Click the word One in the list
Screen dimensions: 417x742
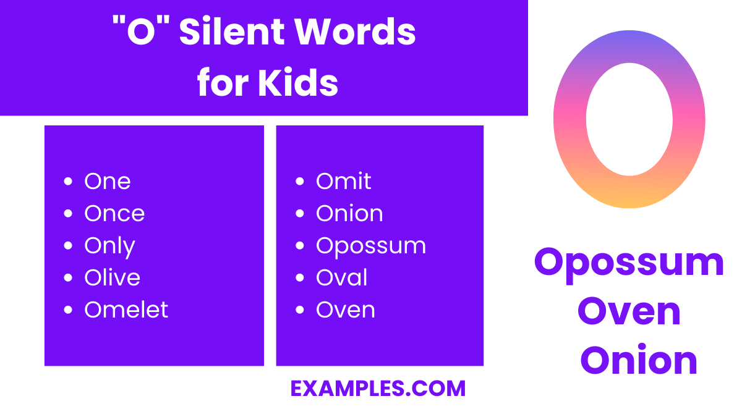coord(108,182)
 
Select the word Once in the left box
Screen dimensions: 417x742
coord(114,214)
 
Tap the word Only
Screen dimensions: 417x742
coord(109,246)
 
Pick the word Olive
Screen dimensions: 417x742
coord(112,278)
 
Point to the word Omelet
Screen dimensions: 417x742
coord(126,310)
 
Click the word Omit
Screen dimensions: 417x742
coord(343,182)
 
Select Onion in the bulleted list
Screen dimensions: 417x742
coord(349,214)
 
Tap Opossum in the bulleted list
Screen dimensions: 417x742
coord(371,246)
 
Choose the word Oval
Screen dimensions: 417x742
coord(342,278)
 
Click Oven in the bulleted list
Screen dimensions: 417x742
coord(346,310)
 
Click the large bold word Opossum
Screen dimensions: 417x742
coord(629,262)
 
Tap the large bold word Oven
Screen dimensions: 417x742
coord(629,311)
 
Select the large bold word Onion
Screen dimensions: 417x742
coord(639,360)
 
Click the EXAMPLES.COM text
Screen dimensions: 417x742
coord(378,389)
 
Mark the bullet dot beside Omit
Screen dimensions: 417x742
coord(300,182)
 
